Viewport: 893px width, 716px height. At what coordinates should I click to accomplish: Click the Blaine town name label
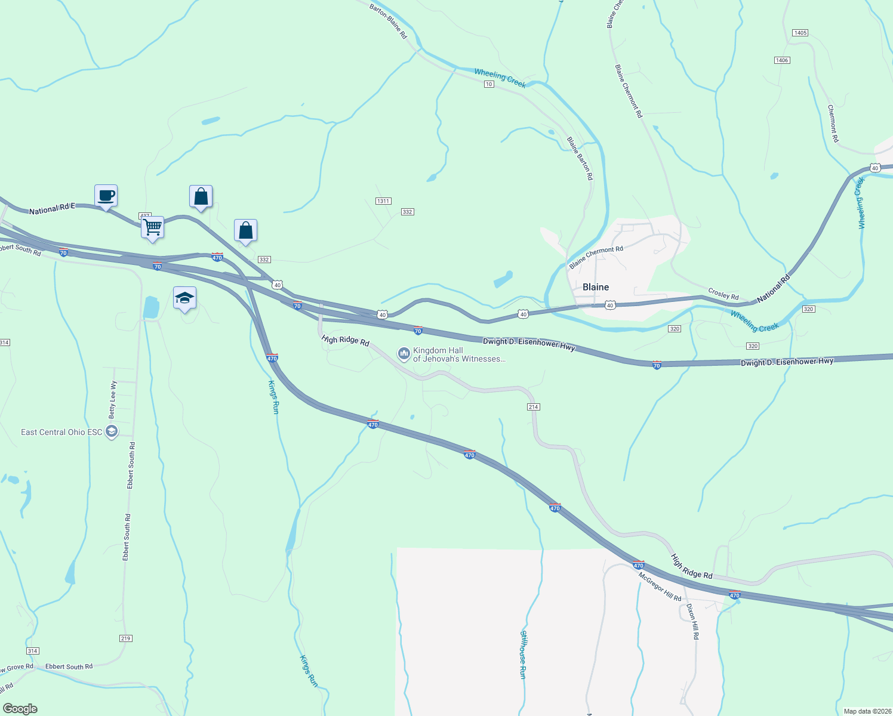click(596, 287)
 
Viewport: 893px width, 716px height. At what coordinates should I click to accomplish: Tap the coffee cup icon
click(106, 196)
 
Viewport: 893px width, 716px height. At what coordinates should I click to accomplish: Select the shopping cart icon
click(152, 227)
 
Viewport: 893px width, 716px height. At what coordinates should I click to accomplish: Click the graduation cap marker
click(184, 298)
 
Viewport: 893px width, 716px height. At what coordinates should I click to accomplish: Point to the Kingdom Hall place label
click(459, 355)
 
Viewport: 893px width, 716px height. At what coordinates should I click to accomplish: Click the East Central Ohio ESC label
click(61, 432)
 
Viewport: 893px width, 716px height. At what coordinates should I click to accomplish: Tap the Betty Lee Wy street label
click(112, 400)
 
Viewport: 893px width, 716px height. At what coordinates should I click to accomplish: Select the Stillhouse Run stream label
click(523, 655)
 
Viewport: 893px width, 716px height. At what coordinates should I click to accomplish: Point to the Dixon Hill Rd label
click(692, 621)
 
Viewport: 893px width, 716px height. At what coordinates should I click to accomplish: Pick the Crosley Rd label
click(723, 294)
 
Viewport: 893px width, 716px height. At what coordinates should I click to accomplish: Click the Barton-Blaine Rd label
click(388, 21)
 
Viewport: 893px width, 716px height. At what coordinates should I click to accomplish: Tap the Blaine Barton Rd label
click(580, 158)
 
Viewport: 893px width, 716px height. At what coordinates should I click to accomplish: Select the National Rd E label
click(53, 209)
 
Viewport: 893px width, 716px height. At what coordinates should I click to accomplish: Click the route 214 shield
click(533, 407)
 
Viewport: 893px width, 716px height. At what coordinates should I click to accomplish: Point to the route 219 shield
click(125, 638)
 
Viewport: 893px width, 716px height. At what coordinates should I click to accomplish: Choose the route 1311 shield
click(383, 201)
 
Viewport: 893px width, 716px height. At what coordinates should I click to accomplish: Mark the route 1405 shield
click(800, 33)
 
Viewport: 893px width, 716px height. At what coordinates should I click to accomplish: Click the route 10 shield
click(489, 85)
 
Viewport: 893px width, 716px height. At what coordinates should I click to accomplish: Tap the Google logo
click(20, 709)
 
